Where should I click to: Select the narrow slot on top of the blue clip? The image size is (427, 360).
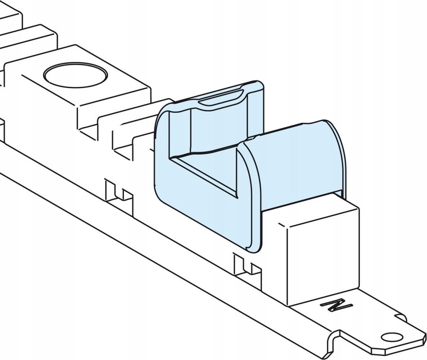(x=220, y=97)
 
